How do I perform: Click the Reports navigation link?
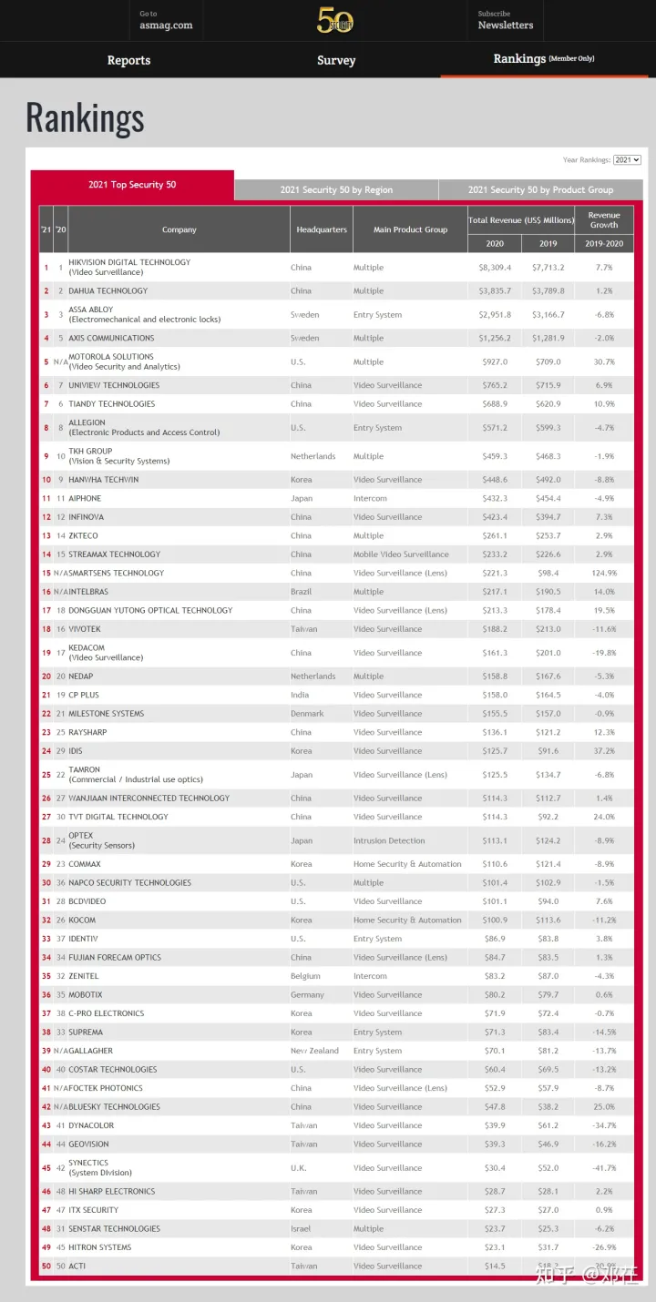pos(128,60)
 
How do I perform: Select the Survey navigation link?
pos(336,60)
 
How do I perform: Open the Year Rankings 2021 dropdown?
pos(627,160)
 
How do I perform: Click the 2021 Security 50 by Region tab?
pos(336,190)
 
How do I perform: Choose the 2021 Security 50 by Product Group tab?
pos(540,190)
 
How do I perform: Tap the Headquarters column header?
pos(322,229)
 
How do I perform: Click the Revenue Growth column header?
pos(603,220)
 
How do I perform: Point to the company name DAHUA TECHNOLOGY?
pos(108,291)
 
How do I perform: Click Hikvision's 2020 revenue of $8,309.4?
pos(496,268)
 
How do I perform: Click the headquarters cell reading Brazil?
pos(301,592)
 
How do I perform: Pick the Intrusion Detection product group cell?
pos(389,841)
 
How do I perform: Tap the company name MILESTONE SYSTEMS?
pos(106,714)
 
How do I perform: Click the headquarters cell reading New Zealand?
pos(314,1051)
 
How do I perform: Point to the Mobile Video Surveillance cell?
pos(401,554)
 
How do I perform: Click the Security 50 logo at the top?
pos(334,20)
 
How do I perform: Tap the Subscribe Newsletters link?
pos(506,20)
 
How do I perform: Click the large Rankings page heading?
pos(85,118)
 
